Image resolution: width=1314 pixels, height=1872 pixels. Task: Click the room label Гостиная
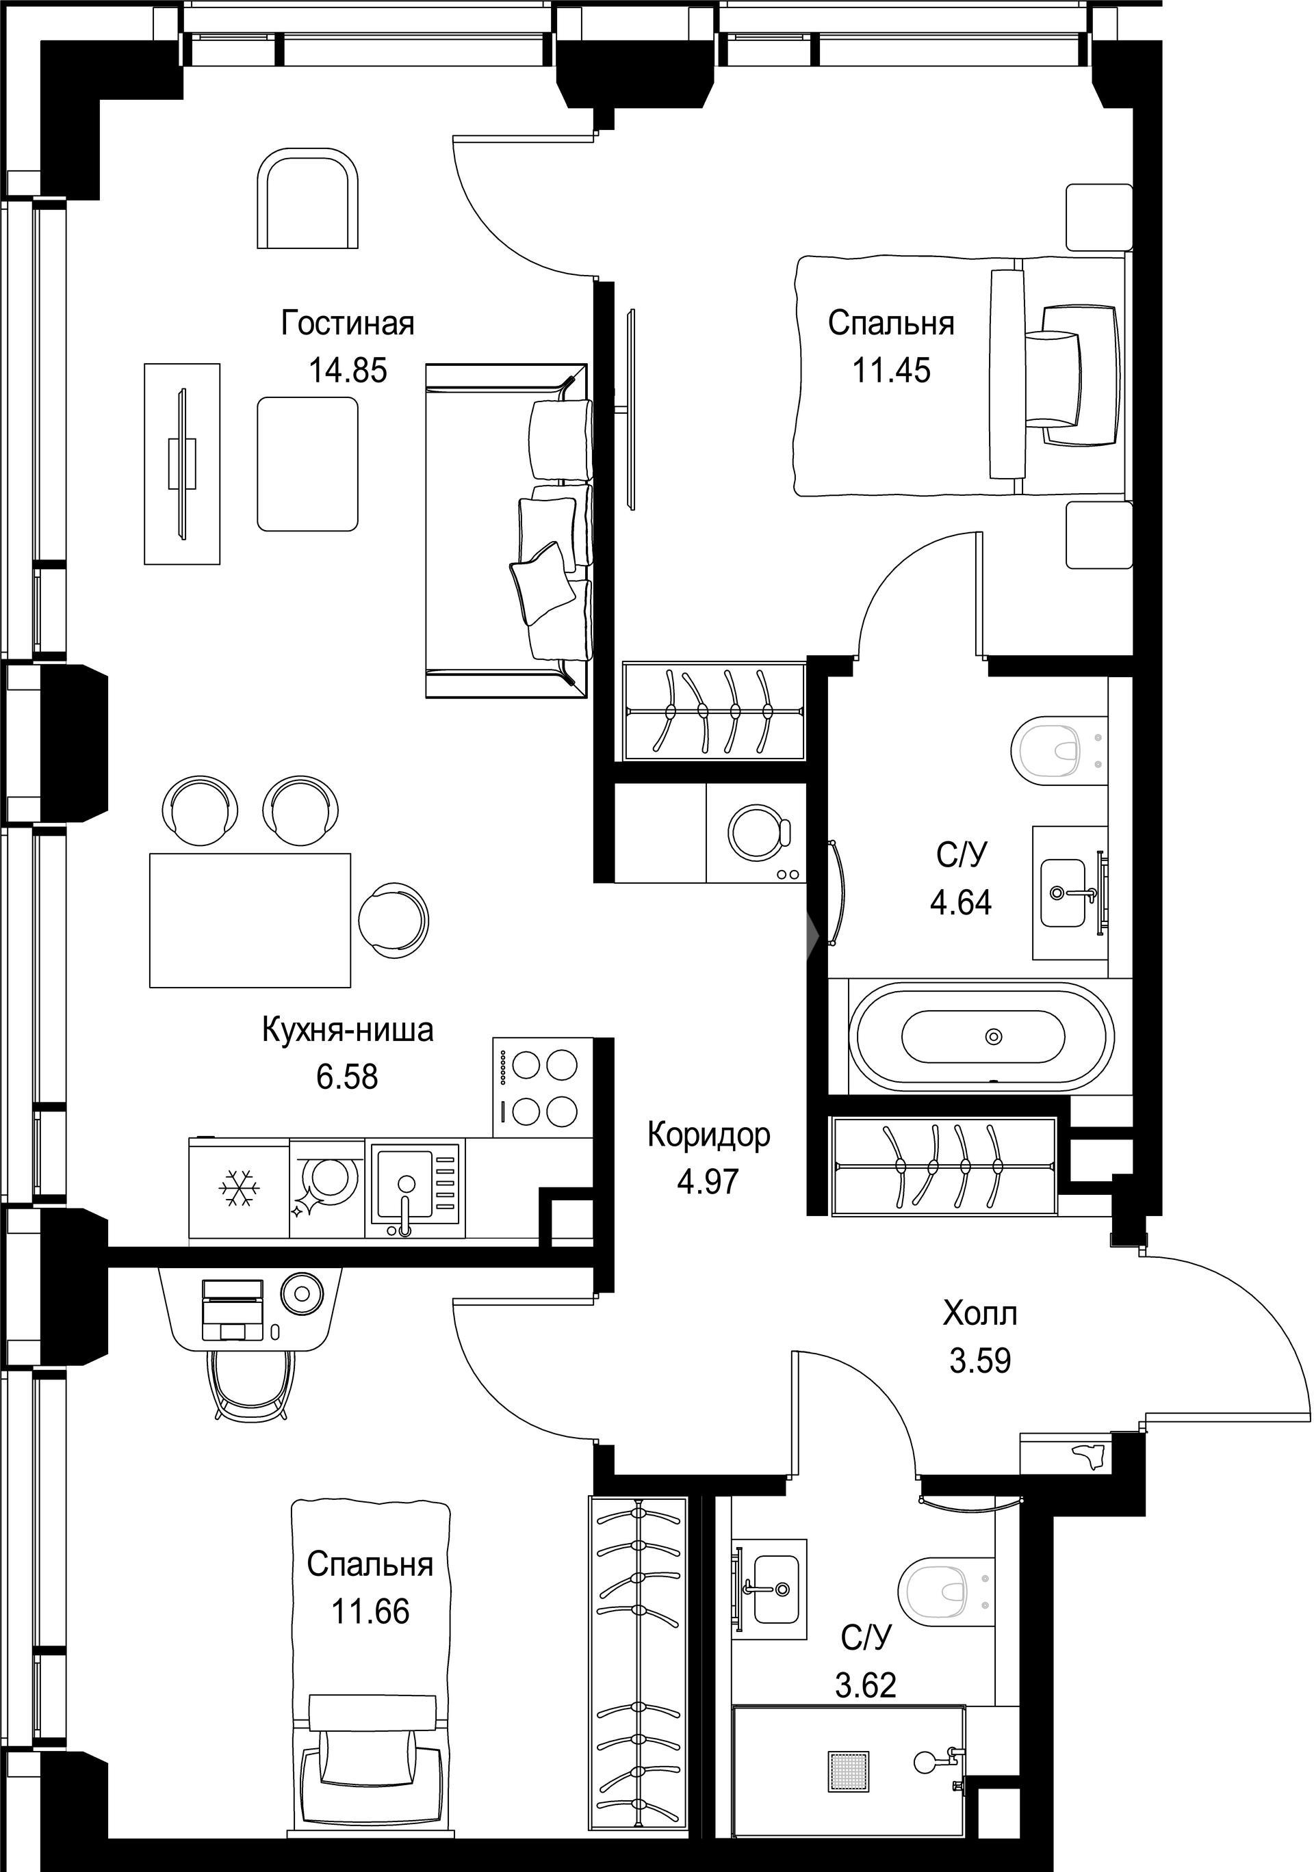pos(348,324)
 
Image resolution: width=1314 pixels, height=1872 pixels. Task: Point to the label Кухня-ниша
pos(348,1031)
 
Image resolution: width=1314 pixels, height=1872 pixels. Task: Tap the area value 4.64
pos(962,903)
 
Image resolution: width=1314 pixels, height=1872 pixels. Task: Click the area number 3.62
pos(866,1685)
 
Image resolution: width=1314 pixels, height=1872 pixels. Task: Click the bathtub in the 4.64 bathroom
pos(982,1036)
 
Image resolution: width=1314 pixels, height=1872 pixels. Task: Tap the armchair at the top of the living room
pos(307,198)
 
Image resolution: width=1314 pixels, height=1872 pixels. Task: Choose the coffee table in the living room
pos(307,464)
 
